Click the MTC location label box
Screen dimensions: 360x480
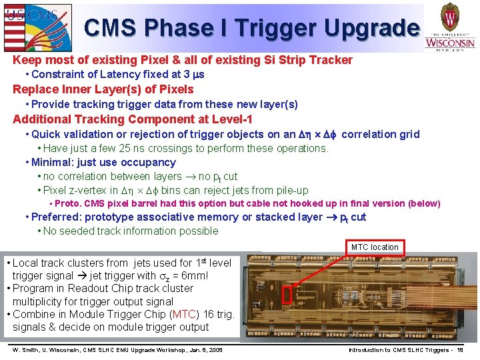coord(375,247)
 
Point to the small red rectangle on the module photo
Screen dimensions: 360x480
coord(287,294)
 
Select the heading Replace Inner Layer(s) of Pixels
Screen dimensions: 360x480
coord(103,89)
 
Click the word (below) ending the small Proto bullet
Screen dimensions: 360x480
coord(425,203)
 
